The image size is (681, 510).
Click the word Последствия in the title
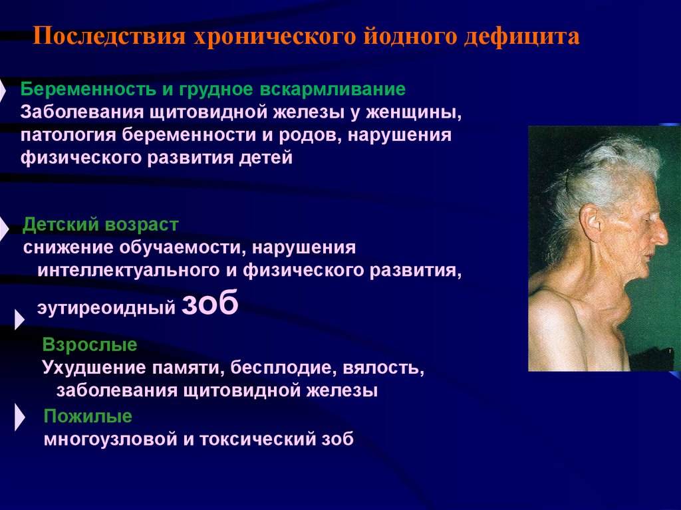[x=110, y=36]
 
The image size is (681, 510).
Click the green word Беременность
[x=88, y=90]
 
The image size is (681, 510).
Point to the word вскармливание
[x=333, y=90]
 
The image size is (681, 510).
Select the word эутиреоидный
[x=106, y=307]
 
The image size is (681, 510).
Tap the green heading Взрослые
[x=90, y=345]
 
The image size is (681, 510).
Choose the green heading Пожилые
[x=88, y=416]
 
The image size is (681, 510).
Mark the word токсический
[x=257, y=440]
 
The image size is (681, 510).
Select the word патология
[x=68, y=135]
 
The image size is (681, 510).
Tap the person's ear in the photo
[x=591, y=219]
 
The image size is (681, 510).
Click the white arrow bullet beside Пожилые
[x=19, y=417]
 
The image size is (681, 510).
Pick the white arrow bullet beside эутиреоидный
[x=19, y=319]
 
